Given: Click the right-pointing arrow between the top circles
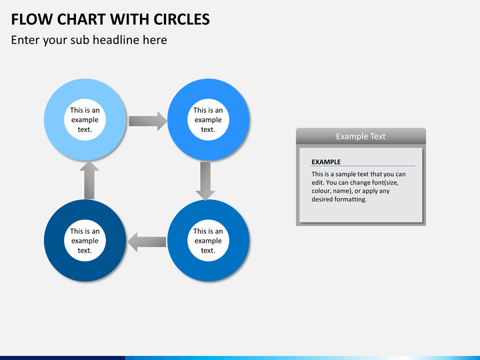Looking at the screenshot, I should pyautogui.click(x=147, y=121).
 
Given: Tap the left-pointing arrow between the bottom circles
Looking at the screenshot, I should pyautogui.click(x=147, y=241).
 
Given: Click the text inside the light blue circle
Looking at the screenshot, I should pyautogui.click(x=85, y=120).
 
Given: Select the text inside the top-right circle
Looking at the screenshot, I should pyautogui.click(x=208, y=120).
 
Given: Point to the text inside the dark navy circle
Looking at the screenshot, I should pyautogui.click(x=85, y=241).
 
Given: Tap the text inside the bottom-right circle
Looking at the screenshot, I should pyautogui.click(x=208, y=241).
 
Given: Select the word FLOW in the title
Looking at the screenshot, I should pyautogui.click(x=31, y=19).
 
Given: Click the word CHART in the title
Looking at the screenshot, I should pyautogui.click(x=79, y=19).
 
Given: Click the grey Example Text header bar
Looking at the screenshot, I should pyautogui.click(x=361, y=136).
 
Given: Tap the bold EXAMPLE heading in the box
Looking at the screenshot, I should pyautogui.click(x=326, y=161).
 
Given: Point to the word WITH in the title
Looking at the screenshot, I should pyautogui.click(x=127, y=19).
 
